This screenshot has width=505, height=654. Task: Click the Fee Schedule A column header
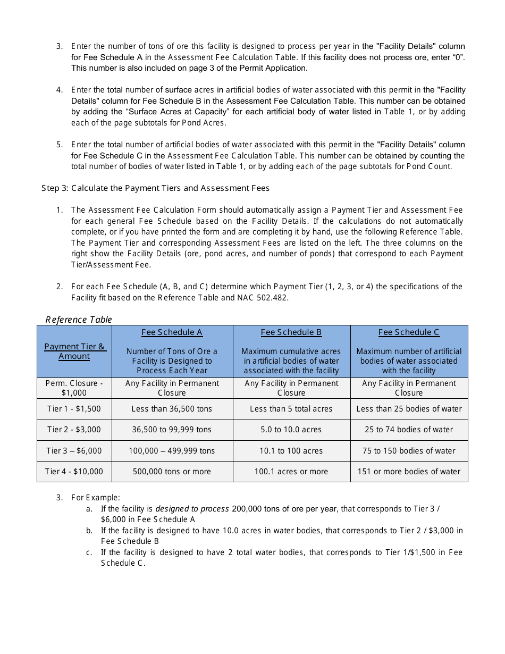pyautogui.click(x=172, y=332)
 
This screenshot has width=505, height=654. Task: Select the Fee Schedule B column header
pyautogui.click(x=291, y=332)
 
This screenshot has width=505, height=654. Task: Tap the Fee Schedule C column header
pyautogui.click(x=409, y=332)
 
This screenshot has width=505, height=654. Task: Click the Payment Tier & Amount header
pyautogui.click(x=74, y=351)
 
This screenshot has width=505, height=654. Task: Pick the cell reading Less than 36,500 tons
pyautogui.click(x=172, y=409)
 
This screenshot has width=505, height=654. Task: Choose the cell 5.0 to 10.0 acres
pyautogui.click(x=291, y=430)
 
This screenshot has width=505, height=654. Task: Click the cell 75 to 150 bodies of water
pyautogui.click(x=409, y=451)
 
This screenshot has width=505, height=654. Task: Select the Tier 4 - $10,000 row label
pyautogui.click(x=74, y=472)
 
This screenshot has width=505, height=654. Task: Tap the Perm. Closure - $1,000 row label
pyautogui.click(x=74, y=388)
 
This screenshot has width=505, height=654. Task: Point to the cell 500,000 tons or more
pyautogui.click(x=172, y=472)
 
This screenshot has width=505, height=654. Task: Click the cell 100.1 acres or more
pyautogui.click(x=291, y=472)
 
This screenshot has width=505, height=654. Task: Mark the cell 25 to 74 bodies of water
pyautogui.click(x=409, y=430)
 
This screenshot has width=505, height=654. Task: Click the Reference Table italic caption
pyautogui.click(x=79, y=320)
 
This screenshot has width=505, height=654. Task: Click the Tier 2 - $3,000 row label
pyautogui.click(x=74, y=430)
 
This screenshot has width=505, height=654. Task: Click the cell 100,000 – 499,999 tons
pyautogui.click(x=172, y=451)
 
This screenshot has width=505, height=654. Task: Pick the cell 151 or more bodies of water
pyautogui.click(x=409, y=472)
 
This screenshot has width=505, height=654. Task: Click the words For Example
pyautogui.click(x=96, y=498)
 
